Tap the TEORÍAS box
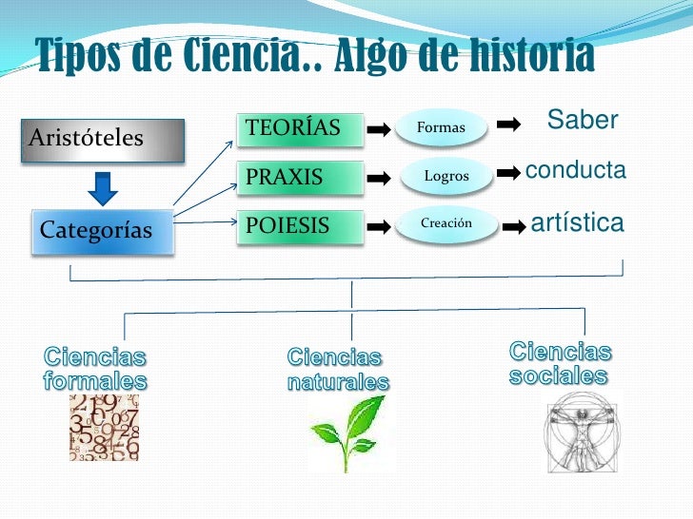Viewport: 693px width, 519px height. coord(300,127)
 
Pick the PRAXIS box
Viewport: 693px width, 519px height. coord(300,177)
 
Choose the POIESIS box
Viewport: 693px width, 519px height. coord(300,226)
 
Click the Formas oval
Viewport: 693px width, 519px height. coord(441,127)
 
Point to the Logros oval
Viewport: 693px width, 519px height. coord(445,176)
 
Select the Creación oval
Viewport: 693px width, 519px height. coord(446,224)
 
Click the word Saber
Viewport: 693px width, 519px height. coord(583,121)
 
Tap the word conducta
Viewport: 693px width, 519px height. coord(575,171)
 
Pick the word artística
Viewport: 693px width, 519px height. coord(577,223)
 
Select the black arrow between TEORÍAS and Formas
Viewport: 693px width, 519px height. coord(379,128)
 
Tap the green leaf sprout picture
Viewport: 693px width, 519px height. coord(350,432)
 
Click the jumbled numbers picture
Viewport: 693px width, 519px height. coord(104,428)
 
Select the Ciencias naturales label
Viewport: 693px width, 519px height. coord(338,371)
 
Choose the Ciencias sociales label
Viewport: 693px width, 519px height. coord(560,363)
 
